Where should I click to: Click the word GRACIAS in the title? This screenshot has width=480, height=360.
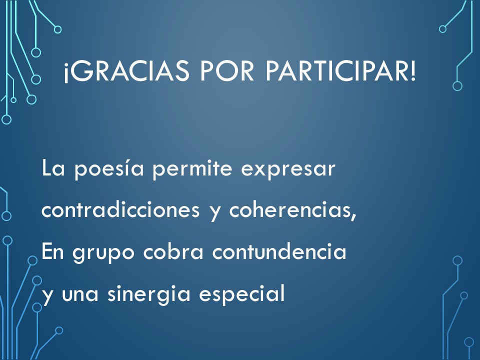point(128,71)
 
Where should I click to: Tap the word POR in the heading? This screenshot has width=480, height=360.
point(227,71)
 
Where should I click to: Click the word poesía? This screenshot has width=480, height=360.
point(109,169)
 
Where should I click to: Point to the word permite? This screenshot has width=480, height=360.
point(192,169)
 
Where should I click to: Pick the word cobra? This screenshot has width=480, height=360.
point(173,251)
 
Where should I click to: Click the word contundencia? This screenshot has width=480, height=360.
point(279,251)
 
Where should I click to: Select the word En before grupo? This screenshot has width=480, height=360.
point(52,251)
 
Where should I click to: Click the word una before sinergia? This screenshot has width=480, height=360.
point(80,295)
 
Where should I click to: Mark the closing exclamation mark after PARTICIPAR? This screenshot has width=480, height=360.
point(412,71)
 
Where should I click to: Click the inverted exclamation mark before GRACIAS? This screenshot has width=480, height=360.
point(65,73)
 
